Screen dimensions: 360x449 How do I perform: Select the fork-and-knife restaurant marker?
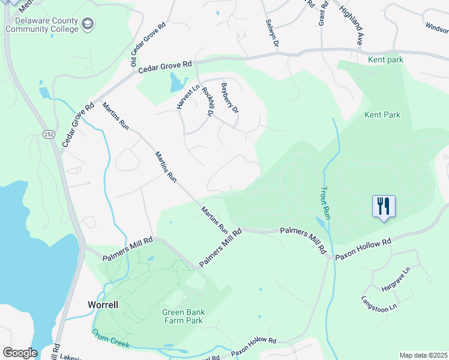[x=382, y=206]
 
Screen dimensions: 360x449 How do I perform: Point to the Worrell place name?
[x=103, y=304]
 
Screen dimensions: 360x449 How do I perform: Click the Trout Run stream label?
[x=322, y=201]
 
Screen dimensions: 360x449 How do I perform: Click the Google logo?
[x=20, y=353]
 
